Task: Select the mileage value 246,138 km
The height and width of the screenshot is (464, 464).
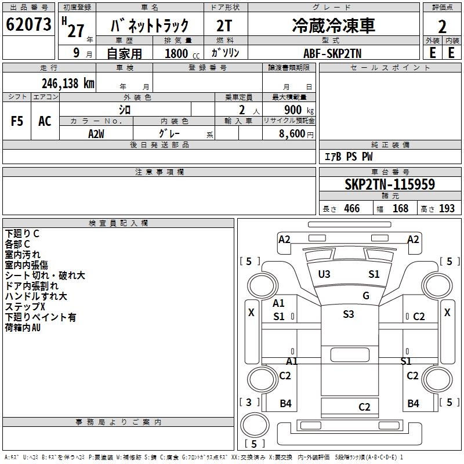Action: click(x=68, y=84)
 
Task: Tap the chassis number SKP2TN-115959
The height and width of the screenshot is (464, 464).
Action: click(x=389, y=184)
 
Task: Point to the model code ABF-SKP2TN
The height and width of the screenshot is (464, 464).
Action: click(x=333, y=52)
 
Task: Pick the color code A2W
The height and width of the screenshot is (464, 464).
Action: click(x=96, y=133)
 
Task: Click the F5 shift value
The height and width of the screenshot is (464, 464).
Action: click(x=17, y=121)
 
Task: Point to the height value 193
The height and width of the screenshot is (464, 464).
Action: click(x=446, y=209)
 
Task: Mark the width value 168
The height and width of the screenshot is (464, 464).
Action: click(x=400, y=209)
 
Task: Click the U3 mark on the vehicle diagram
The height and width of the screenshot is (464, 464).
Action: click(x=324, y=274)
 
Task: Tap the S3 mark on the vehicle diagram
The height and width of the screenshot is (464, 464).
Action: click(x=348, y=314)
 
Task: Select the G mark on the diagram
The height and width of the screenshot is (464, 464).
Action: click(x=366, y=296)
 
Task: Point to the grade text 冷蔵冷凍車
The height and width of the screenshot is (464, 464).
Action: click(x=333, y=26)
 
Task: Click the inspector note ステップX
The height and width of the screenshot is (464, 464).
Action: click(x=25, y=307)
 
